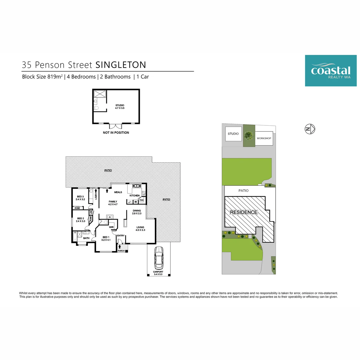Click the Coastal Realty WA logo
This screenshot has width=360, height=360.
pos(331,70)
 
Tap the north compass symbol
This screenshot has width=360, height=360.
pos(310,129)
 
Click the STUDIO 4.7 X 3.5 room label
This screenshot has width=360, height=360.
pos(120,107)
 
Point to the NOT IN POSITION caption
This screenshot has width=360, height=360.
pos(116,133)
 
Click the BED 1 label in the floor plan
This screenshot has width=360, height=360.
pos(106,238)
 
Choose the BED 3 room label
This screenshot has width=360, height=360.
pos(80,198)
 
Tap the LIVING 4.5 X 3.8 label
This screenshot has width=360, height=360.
pos(140,229)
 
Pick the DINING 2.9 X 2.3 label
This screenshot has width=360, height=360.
pos(137,212)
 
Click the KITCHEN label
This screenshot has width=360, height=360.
pos(134,196)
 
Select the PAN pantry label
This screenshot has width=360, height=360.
pos(142,200)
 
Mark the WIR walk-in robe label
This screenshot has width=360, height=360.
pos(111,227)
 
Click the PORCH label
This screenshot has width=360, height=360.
pos(121,251)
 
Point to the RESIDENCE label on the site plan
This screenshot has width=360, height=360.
pos(244,212)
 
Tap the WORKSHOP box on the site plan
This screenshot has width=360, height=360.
pos(264,138)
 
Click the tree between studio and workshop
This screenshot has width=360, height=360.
pos(249,135)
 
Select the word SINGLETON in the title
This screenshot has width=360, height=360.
pos(121,65)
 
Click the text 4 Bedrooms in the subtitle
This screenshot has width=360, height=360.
pos(81,77)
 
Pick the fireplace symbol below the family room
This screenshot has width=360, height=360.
pos(110,217)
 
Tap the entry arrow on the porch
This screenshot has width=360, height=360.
pos(120,247)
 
